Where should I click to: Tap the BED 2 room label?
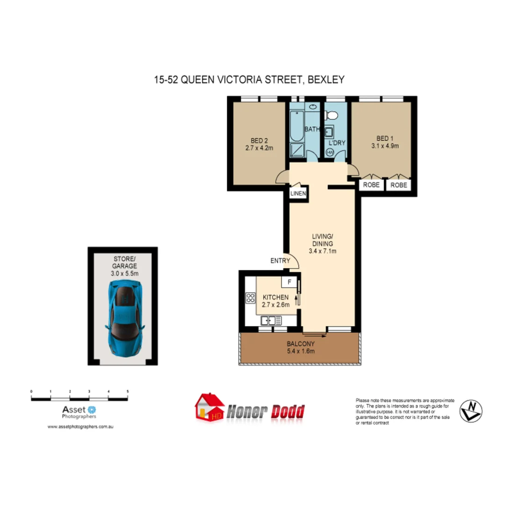pyautogui.click(x=259, y=140)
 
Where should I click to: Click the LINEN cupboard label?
pyautogui.click(x=298, y=194)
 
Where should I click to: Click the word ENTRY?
pyautogui.click(x=280, y=261)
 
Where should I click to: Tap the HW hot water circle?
pyautogui.click(x=330, y=152)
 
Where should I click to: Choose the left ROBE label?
pyautogui.click(x=372, y=185)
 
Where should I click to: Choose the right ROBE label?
pyautogui.click(x=399, y=185)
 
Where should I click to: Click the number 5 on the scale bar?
pyautogui.click(x=127, y=391)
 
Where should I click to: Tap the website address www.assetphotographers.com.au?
pyautogui.click(x=81, y=427)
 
